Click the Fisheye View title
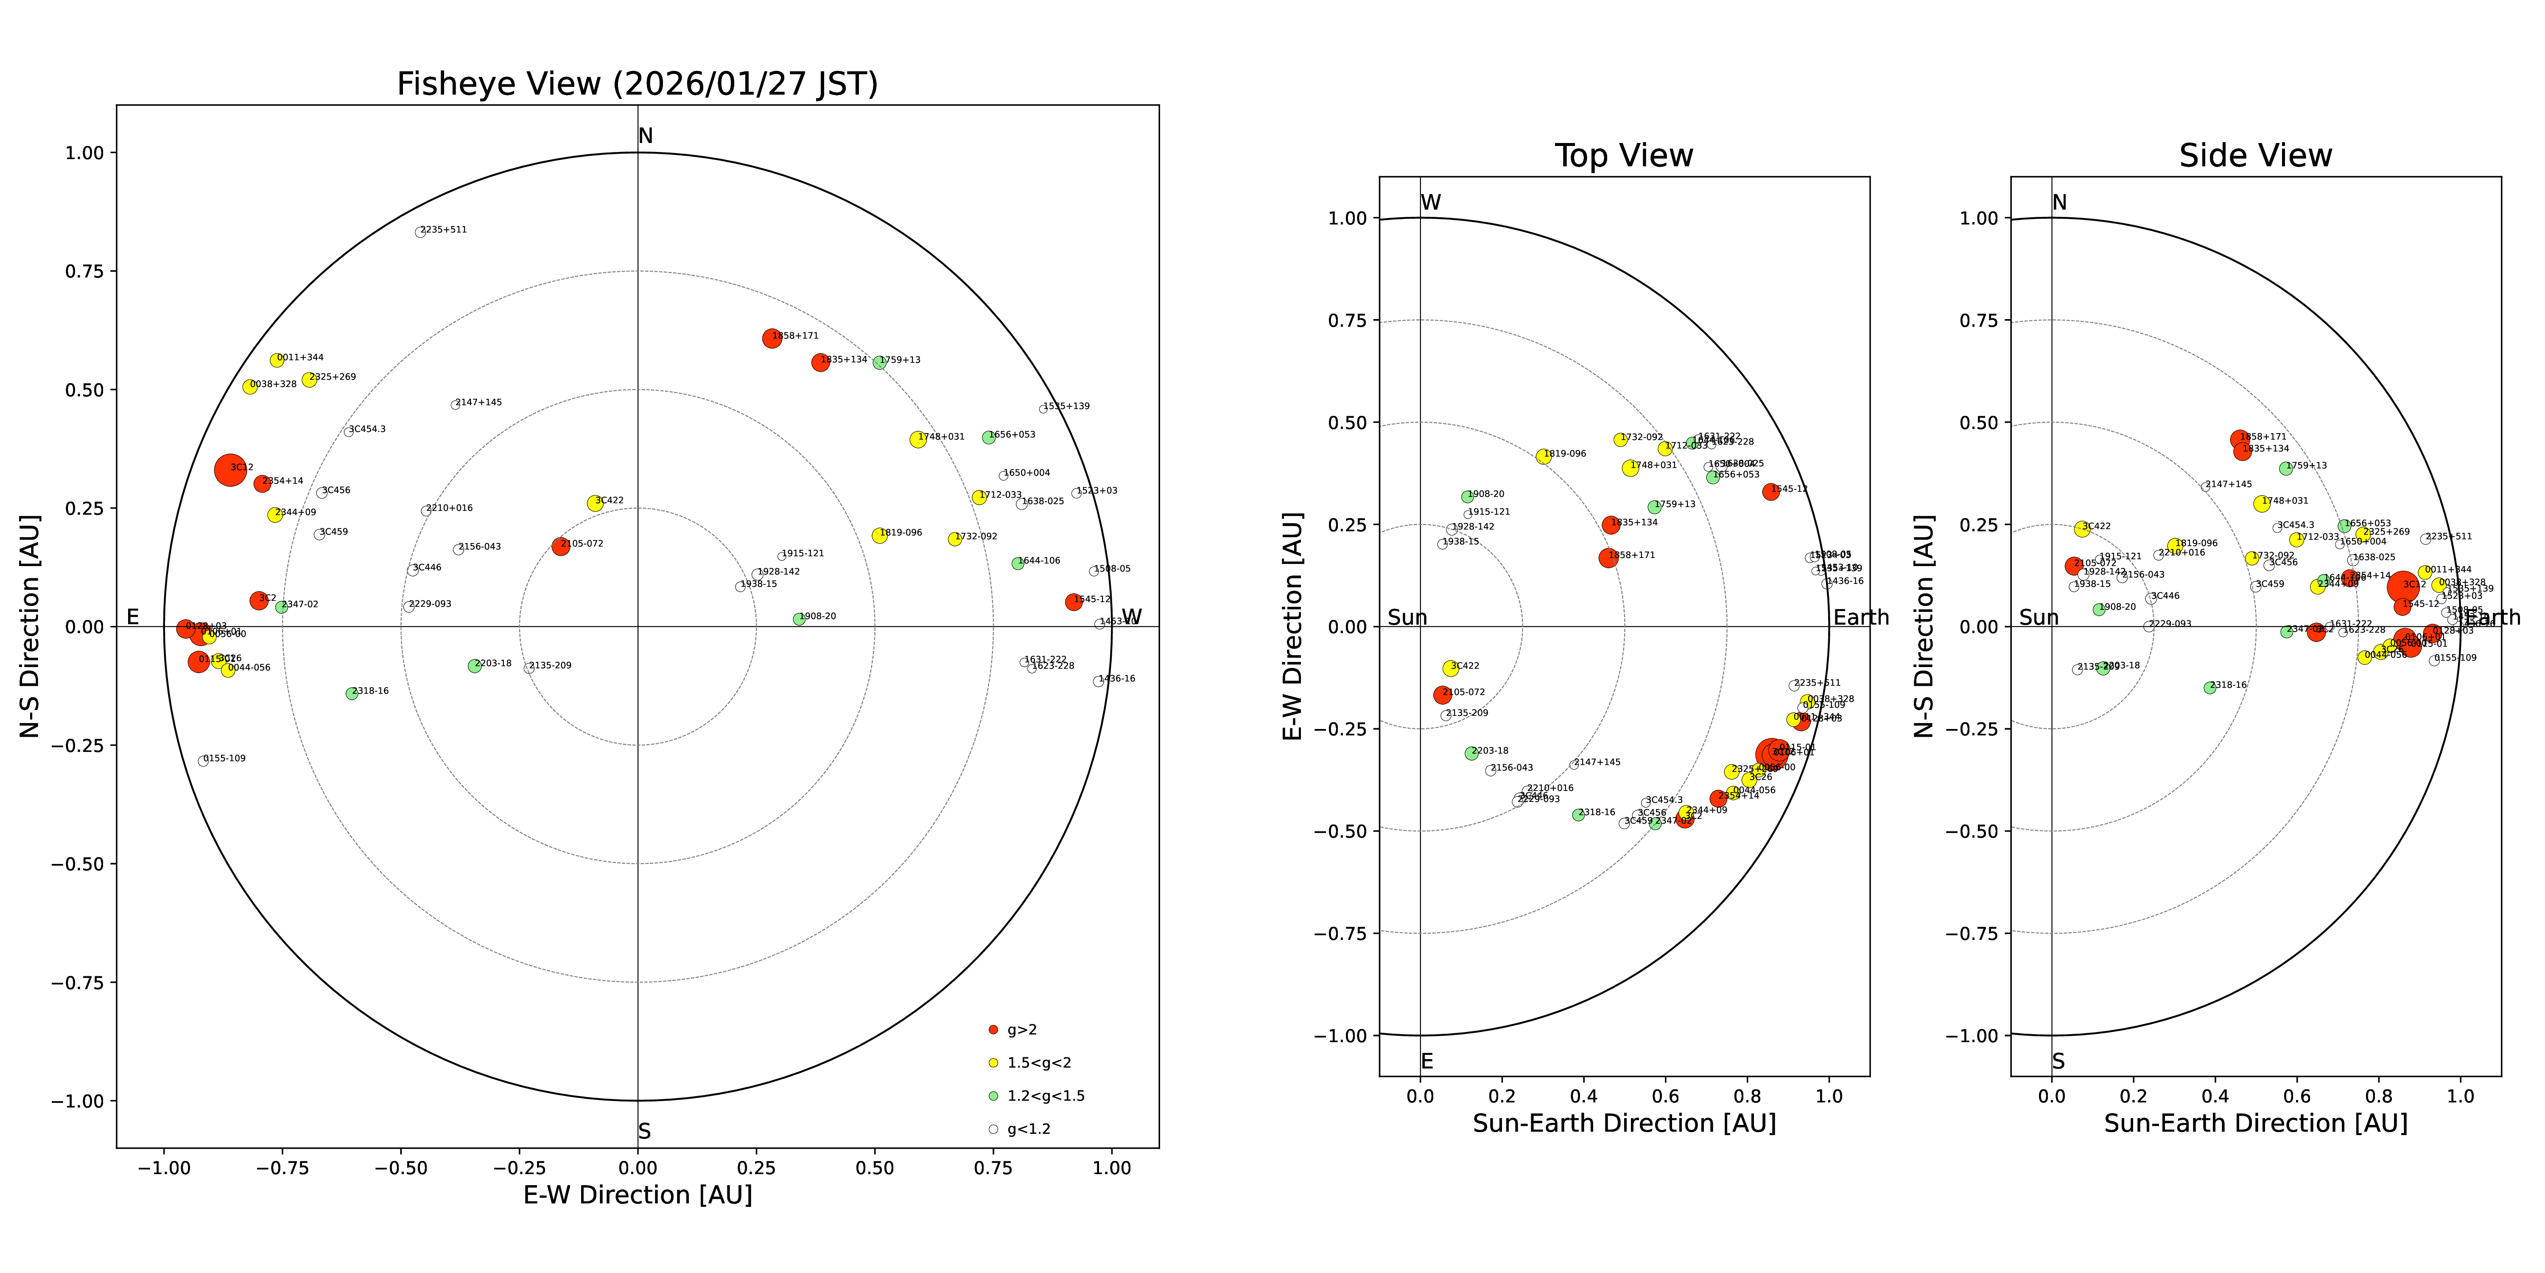(637, 84)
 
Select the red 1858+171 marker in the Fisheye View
(772, 338)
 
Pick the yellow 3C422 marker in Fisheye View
(595, 503)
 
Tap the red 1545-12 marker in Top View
(1770, 491)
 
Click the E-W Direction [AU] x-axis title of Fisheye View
(637, 1195)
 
